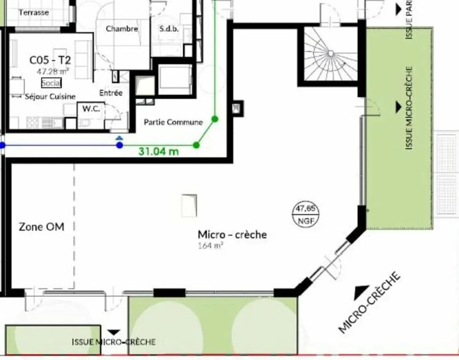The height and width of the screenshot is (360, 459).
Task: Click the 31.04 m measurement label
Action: (159, 151)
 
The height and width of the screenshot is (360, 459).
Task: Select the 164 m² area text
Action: (210, 246)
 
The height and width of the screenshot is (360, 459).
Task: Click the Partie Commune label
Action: (173, 122)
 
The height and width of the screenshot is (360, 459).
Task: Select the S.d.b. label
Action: (169, 29)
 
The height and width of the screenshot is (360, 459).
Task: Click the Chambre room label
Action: (121, 29)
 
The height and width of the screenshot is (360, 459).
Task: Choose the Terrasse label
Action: (34, 12)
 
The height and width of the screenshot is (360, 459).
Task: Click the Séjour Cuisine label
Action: (50, 96)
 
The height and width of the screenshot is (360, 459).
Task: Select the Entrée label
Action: (111, 92)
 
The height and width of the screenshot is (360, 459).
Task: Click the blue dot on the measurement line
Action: (119, 145)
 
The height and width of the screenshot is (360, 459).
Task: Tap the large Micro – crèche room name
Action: (232, 234)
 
